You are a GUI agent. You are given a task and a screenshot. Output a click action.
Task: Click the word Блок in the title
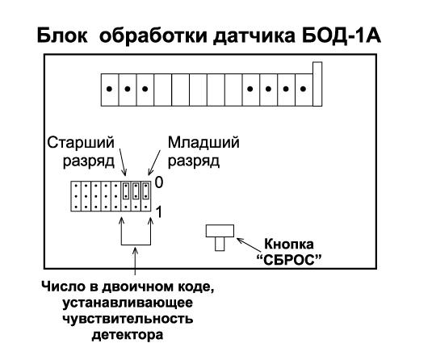coord(62,36)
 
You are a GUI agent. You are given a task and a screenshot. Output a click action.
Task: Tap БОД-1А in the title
coord(342,36)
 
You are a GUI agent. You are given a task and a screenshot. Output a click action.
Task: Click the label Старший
coord(81,142)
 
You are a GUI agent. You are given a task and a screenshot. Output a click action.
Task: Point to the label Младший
coord(203,143)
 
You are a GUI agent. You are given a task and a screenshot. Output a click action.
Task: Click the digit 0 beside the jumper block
coord(159,182)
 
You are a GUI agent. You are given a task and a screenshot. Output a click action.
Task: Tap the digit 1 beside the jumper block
coord(159,212)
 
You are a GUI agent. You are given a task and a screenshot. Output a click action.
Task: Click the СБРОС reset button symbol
coord(220,237)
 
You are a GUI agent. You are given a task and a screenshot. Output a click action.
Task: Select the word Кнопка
coord(288,245)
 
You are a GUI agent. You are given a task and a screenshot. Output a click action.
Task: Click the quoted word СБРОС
coord(289,260)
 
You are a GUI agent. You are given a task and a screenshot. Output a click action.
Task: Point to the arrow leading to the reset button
coord(249,245)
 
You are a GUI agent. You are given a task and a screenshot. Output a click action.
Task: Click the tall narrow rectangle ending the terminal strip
coord(317,84)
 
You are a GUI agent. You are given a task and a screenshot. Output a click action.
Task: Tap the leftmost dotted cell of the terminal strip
coord(110,90)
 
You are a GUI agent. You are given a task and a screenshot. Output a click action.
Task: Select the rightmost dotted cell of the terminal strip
coord(304,90)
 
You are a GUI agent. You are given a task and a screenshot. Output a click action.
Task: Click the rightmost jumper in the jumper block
coord(145,190)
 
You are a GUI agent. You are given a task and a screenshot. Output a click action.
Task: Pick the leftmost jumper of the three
coord(126,190)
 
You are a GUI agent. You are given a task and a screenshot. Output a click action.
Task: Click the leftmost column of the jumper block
coord(76,196)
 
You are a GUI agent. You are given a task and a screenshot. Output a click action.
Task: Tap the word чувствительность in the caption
coord(128,319)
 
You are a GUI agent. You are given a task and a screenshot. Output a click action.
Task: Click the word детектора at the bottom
coord(128,335)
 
